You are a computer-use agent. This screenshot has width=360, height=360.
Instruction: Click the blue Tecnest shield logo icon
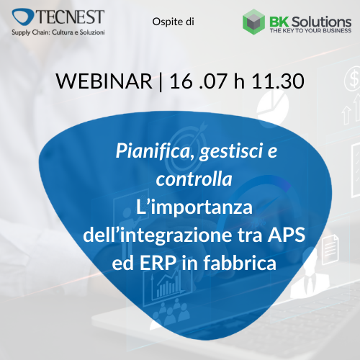coord(23,17)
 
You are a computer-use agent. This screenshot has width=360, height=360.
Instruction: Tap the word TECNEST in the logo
coord(71,17)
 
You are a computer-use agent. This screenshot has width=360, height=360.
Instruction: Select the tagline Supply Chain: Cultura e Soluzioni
coord(58,32)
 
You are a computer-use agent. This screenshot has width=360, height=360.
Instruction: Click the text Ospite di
coord(173,22)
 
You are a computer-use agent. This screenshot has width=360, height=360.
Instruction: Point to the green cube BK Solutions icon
coord(253,22)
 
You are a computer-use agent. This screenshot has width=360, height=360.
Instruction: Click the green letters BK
coord(279,22)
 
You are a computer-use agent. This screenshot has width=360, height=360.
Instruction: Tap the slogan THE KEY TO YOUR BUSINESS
coord(310,30)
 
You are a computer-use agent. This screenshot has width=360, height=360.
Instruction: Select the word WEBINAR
coord(104,81)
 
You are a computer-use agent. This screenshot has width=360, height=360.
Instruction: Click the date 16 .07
coord(198,81)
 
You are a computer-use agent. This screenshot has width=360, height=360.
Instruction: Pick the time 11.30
coord(278,81)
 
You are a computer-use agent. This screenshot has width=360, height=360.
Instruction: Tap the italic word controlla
coord(194,179)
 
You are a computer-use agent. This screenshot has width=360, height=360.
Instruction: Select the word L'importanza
coord(194,207)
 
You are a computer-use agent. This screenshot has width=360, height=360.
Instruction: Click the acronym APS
coord(287,235)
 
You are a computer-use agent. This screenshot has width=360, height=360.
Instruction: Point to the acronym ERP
coord(158,263)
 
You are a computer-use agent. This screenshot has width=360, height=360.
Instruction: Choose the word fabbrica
coord(240,263)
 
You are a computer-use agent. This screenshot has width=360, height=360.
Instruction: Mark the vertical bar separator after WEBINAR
coord(161,81)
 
